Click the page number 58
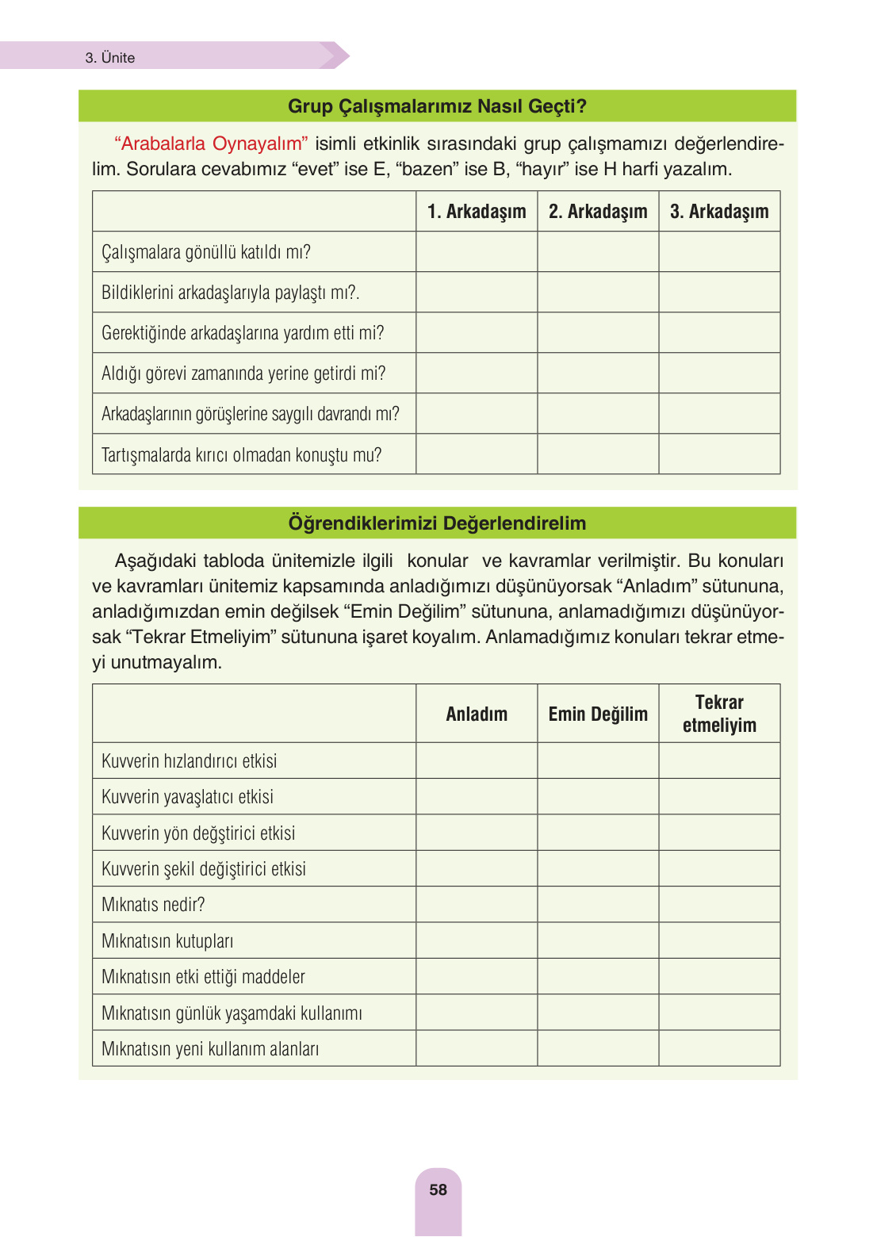pyautogui.click(x=438, y=1189)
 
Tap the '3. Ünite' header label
pyautogui.click(x=110, y=58)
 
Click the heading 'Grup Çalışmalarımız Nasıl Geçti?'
pyautogui.click(x=437, y=106)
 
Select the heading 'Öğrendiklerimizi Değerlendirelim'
pyautogui.click(x=437, y=523)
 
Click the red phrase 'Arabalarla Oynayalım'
pyautogui.click(x=211, y=144)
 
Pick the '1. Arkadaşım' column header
pyautogui.click(x=477, y=212)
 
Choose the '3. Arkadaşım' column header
pyautogui.click(x=719, y=212)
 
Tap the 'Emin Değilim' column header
pyautogui.click(x=598, y=714)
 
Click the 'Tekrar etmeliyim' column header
pyautogui.click(x=719, y=714)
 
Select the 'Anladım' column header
pyautogui.click(x=477, y=714)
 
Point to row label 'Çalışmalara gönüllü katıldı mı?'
pyautogui.click(x=206, y=252)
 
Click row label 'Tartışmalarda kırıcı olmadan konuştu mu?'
pyautogui.click(x=241, y=455)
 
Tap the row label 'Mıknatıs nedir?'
pyautogui.click(x=153, y=905)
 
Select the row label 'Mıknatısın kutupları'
pyautogui.click(x=167, y=941)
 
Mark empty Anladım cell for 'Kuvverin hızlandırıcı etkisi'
pyautogui.click(x=477, y=761)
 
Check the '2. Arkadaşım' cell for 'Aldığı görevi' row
pyautogui.click(x=598, y=373)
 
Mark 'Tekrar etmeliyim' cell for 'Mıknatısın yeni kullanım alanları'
pyautogui.click(x=719, y=1048)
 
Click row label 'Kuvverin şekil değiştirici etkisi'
pyautogui.click(x=204, y=869)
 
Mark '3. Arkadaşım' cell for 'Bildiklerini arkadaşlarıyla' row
pyautogui.click(x=719, y=293)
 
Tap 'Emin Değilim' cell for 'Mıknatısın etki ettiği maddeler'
pyautogui.click(x=598, y=977)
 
